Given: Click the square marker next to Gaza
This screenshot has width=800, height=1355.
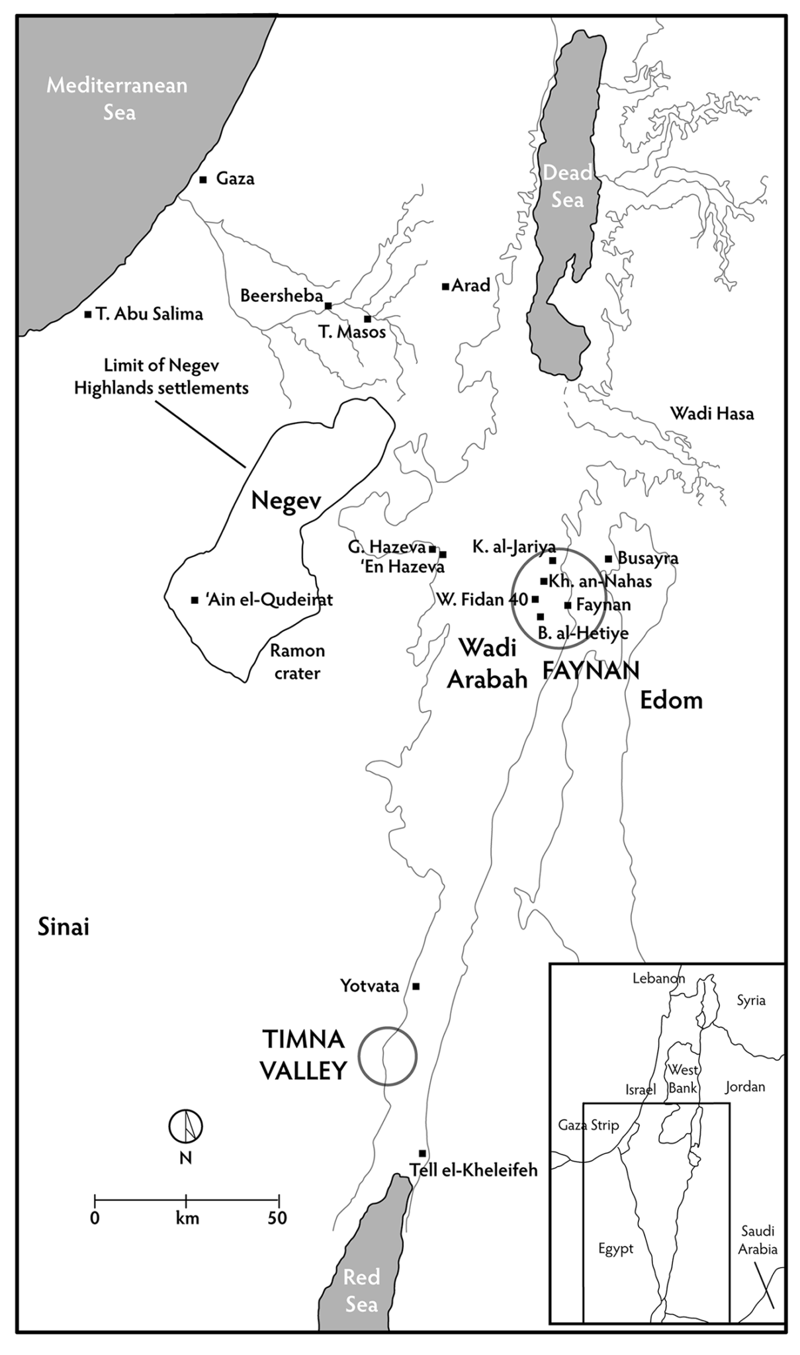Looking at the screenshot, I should pyautogui.click(x=203, y=179).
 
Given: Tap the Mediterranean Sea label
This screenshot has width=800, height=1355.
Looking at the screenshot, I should pyautogui.click(x=117, y=99).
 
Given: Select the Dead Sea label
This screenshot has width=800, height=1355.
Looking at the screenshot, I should pyautogui.click(x=568, y=186).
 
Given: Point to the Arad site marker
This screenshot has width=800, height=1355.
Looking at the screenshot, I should pyautogui.click(x=445, y=286).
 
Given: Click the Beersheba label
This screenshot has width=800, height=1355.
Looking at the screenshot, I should pyautogui.click(x=281, y=295).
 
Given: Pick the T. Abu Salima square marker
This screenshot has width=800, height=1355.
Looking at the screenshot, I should pyautogui.click(x=87, y=314).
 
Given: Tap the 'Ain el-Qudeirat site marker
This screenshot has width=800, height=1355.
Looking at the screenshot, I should pyautogui.click(x=194, y=600).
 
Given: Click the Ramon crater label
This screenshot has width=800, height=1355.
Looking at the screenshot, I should pyautogui.click(x=298, y=662).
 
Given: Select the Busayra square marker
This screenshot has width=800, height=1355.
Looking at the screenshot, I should pyautogui.click(x=608, y=558).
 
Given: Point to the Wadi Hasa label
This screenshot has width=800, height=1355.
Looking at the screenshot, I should pyautogui.click(x=712, y=414).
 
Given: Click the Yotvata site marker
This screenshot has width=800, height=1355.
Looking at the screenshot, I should pyautogui.click(x=416, y=986).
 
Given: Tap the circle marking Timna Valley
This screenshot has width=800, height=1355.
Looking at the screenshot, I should pyautogui.click(x=387, y=1056).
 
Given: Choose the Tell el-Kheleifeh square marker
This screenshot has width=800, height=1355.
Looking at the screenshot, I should pyautogui.click(x=422, y=1153).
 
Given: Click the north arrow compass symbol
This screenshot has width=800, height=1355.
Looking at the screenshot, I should pyautogui.click(x=185, y=1125).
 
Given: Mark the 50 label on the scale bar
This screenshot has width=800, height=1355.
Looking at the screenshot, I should pyautogui.click(x=277, y=1218).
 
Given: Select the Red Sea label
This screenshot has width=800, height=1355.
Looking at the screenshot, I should pyautogui.click(x=361, y=1290).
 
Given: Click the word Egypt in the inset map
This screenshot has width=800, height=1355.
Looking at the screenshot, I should pyautogui.click(x=615, y=1249).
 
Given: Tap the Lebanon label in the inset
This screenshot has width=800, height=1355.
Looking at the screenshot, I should pyautogui.click(x=658, y=979).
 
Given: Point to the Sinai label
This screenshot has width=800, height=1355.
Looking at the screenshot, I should pyautogui.click(x=63, y=927).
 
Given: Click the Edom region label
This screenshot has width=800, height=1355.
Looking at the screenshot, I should pyautogui.click(x=671, y=700).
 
